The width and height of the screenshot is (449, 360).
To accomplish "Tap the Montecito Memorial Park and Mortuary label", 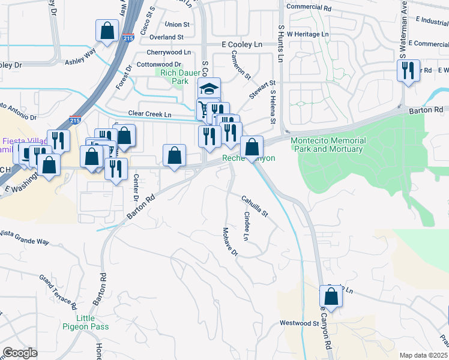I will pyautogui.click(x=327, y=145).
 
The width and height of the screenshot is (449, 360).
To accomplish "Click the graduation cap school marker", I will pyautogui.click(x=209, y=89).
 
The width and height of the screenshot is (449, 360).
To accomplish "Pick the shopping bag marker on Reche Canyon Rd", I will pyautogui.click(x=331, y=296).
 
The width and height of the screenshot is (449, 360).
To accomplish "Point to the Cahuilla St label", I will pyautogui.click(x=255, y=206).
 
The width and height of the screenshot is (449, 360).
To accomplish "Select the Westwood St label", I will pyautogui.click(x=299, y=323).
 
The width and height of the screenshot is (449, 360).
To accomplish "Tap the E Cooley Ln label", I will pyautogui.click(x=243, y=45).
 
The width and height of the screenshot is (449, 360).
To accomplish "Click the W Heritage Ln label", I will pyautogui.click(x=308, y=34).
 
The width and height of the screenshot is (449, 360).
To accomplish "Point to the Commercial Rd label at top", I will pyautogui.click(x=309, y=8).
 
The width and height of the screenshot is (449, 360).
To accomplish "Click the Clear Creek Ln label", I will pyautogui.click(x=149, y=114).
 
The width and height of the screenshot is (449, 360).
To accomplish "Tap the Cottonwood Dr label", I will pyautogui.click(x=159, y=64).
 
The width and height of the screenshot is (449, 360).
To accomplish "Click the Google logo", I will pyautogui.click(x=20, y=353).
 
